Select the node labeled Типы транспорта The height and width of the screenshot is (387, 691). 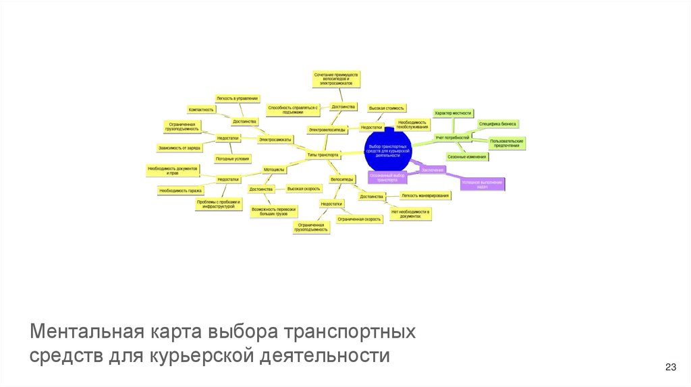[323, 154]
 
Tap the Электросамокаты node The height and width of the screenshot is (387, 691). [275, 139]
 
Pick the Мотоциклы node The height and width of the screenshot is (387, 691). [273, 169]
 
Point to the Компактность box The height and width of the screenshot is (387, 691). [201, 109]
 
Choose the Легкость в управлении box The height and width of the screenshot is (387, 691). [237, 98]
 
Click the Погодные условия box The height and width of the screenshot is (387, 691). [232, 159]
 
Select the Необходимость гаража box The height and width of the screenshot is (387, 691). [182, 191]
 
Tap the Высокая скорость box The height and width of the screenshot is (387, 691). [303, 189]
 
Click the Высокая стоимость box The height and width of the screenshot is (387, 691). [387, 108]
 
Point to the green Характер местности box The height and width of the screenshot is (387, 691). [453, 113]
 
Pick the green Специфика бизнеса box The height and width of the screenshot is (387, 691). [498, 124]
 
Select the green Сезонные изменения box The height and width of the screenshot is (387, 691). [467, 156]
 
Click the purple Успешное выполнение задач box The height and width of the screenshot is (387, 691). [482, 184]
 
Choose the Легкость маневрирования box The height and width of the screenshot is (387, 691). [425, 196]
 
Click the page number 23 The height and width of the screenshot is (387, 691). [670, 367]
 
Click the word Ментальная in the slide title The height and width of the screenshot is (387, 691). [80, 333]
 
